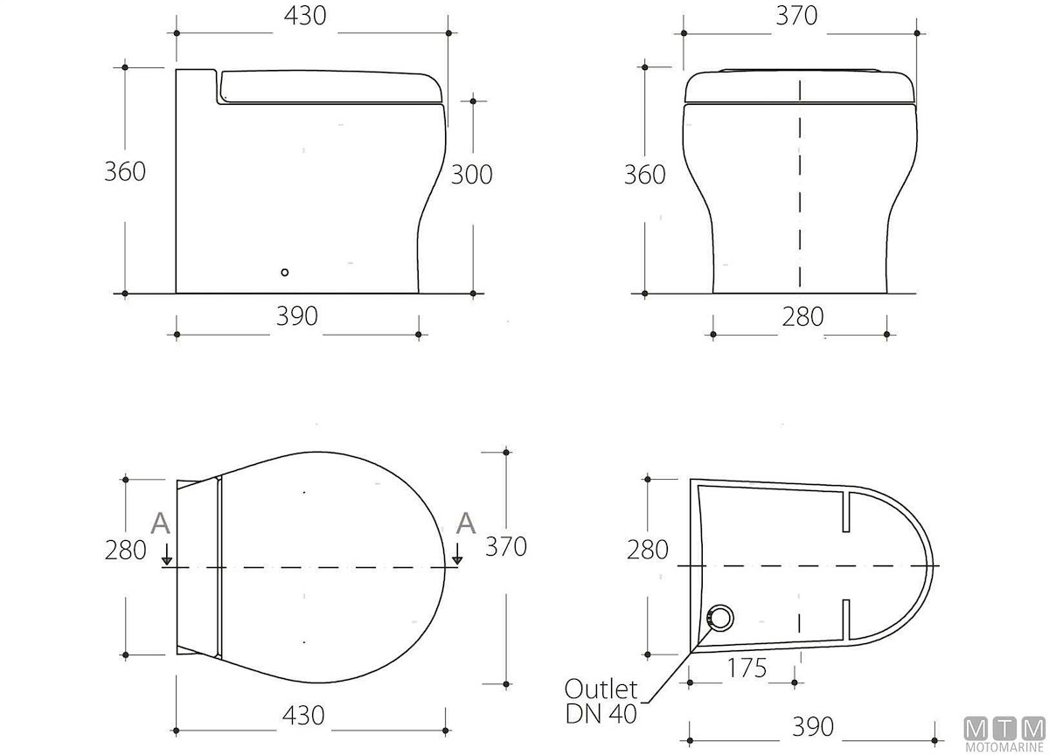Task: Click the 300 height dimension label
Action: coord(471,175)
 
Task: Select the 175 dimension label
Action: coord(747,668)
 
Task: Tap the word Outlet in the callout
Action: coord(601,689)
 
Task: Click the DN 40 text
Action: coord(601,714)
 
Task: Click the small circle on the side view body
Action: coord(285,273)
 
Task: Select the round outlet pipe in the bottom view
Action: coord(719,619)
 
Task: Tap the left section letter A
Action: coord(160,523)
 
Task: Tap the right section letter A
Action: coord(466,523)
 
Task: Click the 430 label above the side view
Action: coord(305,16)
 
